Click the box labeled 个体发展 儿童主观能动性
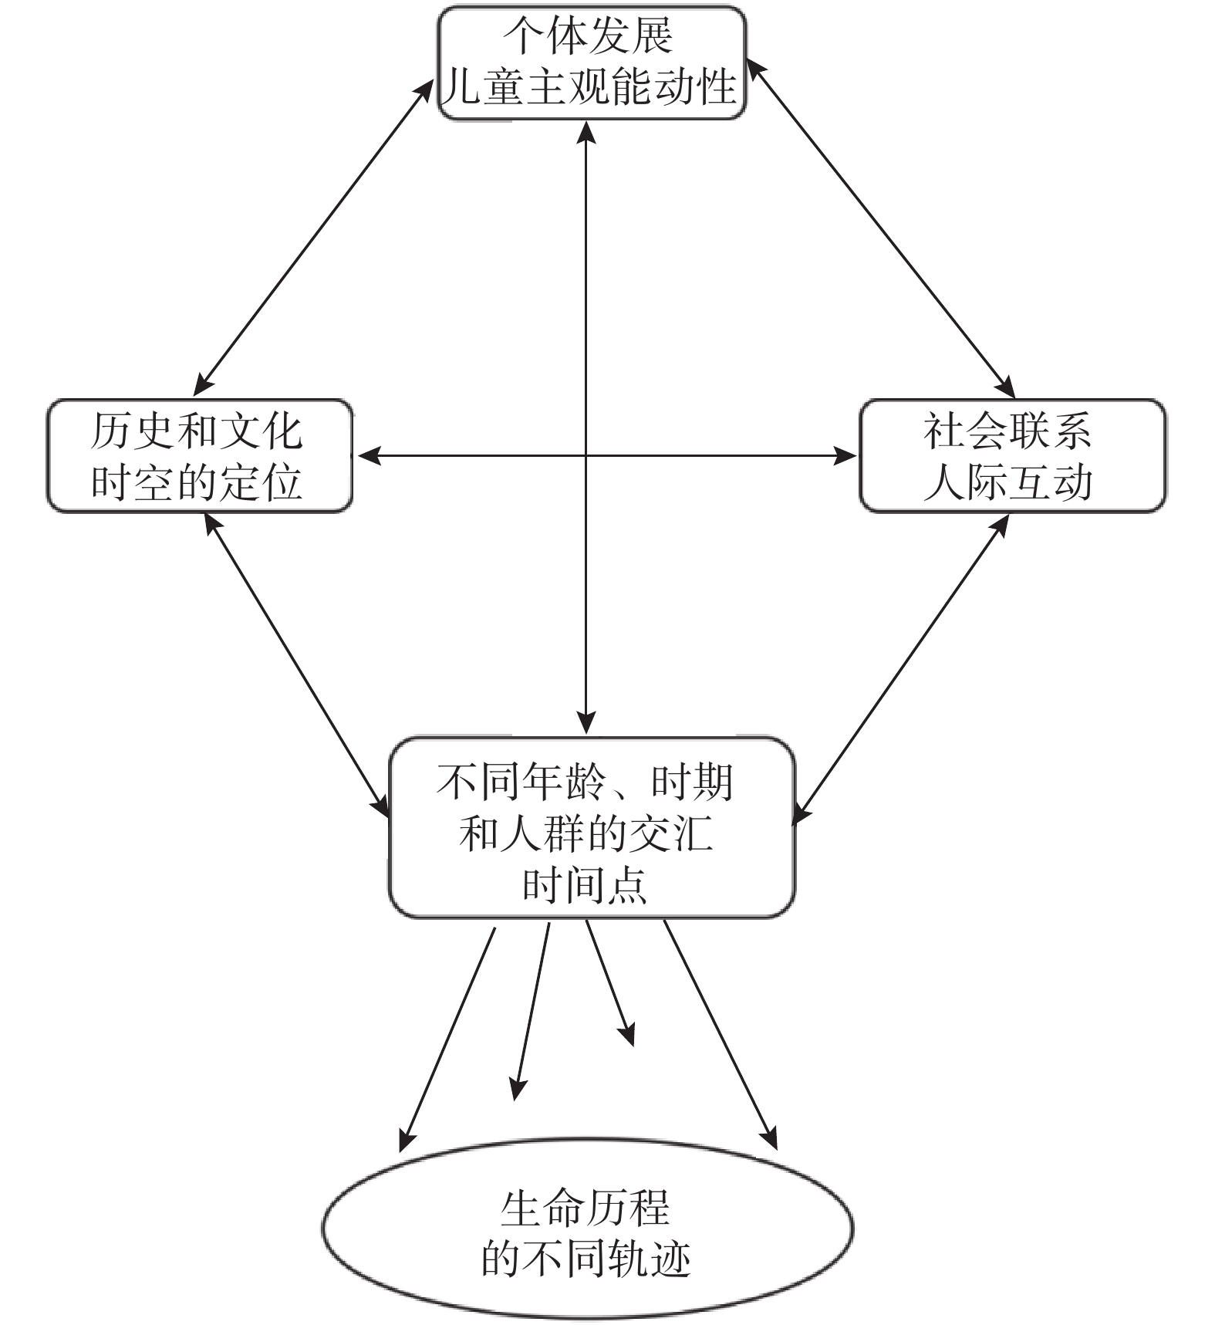pyautogui.click(x=592, y=63)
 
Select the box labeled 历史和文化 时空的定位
pyautogui.click(x=200, y=455)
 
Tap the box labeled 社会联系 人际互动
pyautogui.click(x=1012, y=455)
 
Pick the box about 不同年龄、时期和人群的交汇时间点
pyautogui.click(x=592, y=827)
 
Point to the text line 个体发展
pyautogui.click(x=588, y=35)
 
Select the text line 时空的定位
pyautogui.click(x=197, y=483)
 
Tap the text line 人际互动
pyautogui.click(x=1007, y=483)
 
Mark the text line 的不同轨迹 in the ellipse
pyautogui.click(x=586, y=1259)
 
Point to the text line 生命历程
pyautogui.click(x=585, y=1208)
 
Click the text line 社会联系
pyautogui.click(x=1007, y=431)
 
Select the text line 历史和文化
pyautogui.click(x=197, y=431)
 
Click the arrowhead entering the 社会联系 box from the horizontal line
pyautogui.click(x=846, y=456)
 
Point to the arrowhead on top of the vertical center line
pyautogui.click(x=586, y=133)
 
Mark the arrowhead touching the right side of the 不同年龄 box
pyautogui.click(x=802, y=814)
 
